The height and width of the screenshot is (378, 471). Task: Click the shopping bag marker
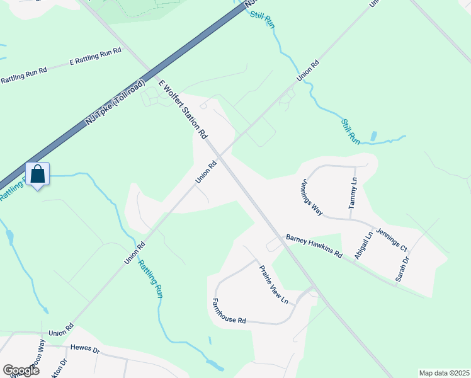(x=37, y=175)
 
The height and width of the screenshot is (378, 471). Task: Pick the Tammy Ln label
(x=353, y=193)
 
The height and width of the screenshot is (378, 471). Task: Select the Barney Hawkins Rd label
(x=314, y=246)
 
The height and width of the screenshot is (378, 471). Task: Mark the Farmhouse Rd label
(x=229, y=311)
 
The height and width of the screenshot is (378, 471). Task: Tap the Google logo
(x=21, y=370)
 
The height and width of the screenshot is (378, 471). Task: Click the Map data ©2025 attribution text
(x=444, y=373)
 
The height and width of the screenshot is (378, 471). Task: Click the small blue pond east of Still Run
(x=373, y=136)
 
